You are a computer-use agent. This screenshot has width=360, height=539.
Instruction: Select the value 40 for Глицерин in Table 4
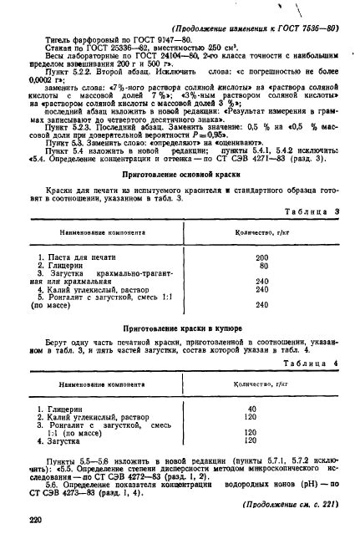pos(251,409)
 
